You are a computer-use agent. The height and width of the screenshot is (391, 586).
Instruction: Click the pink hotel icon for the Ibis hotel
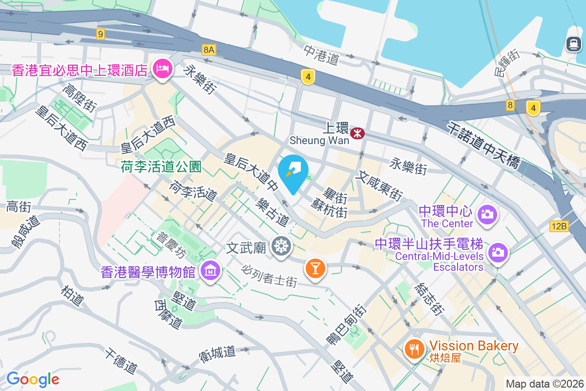pos(162,68)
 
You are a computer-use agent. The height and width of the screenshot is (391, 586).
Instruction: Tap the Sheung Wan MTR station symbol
pos(357,132)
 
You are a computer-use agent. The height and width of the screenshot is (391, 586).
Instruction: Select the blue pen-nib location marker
pos(293,172)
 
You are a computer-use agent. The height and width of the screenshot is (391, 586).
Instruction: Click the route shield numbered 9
pos(101,34)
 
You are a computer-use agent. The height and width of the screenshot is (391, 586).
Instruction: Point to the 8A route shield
pos(209,49)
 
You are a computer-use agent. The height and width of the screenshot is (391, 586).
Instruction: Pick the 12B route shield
pos(559,226)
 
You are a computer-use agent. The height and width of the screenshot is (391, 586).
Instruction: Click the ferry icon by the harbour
pos(573,44)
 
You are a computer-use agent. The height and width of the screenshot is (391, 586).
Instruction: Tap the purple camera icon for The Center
pos(487,214)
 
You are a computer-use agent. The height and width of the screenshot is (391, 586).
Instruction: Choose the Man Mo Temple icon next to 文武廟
pos(281,247)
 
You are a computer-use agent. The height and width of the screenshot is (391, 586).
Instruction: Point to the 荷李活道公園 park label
pos(161,167)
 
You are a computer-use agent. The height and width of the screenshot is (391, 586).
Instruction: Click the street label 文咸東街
pos(379,185)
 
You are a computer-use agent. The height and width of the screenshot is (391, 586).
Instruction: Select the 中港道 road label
pos(321,55)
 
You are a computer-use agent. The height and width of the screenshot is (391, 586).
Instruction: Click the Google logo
pos(33,379)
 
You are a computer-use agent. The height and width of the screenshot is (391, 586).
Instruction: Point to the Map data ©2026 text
pos(544,384)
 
